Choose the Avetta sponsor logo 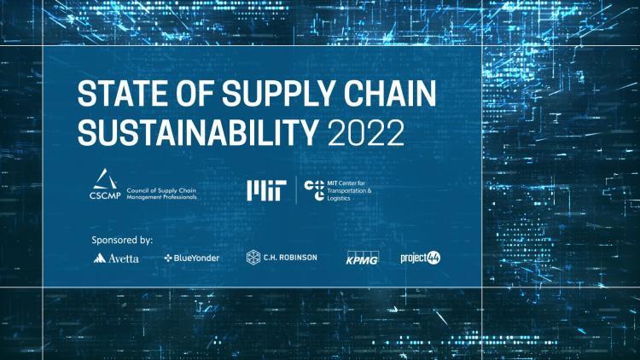click(117, 258)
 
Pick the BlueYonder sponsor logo click(192, 258)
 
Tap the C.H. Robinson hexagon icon click(253, 257)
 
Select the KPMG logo click(362, 257)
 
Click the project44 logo click(421, 257)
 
